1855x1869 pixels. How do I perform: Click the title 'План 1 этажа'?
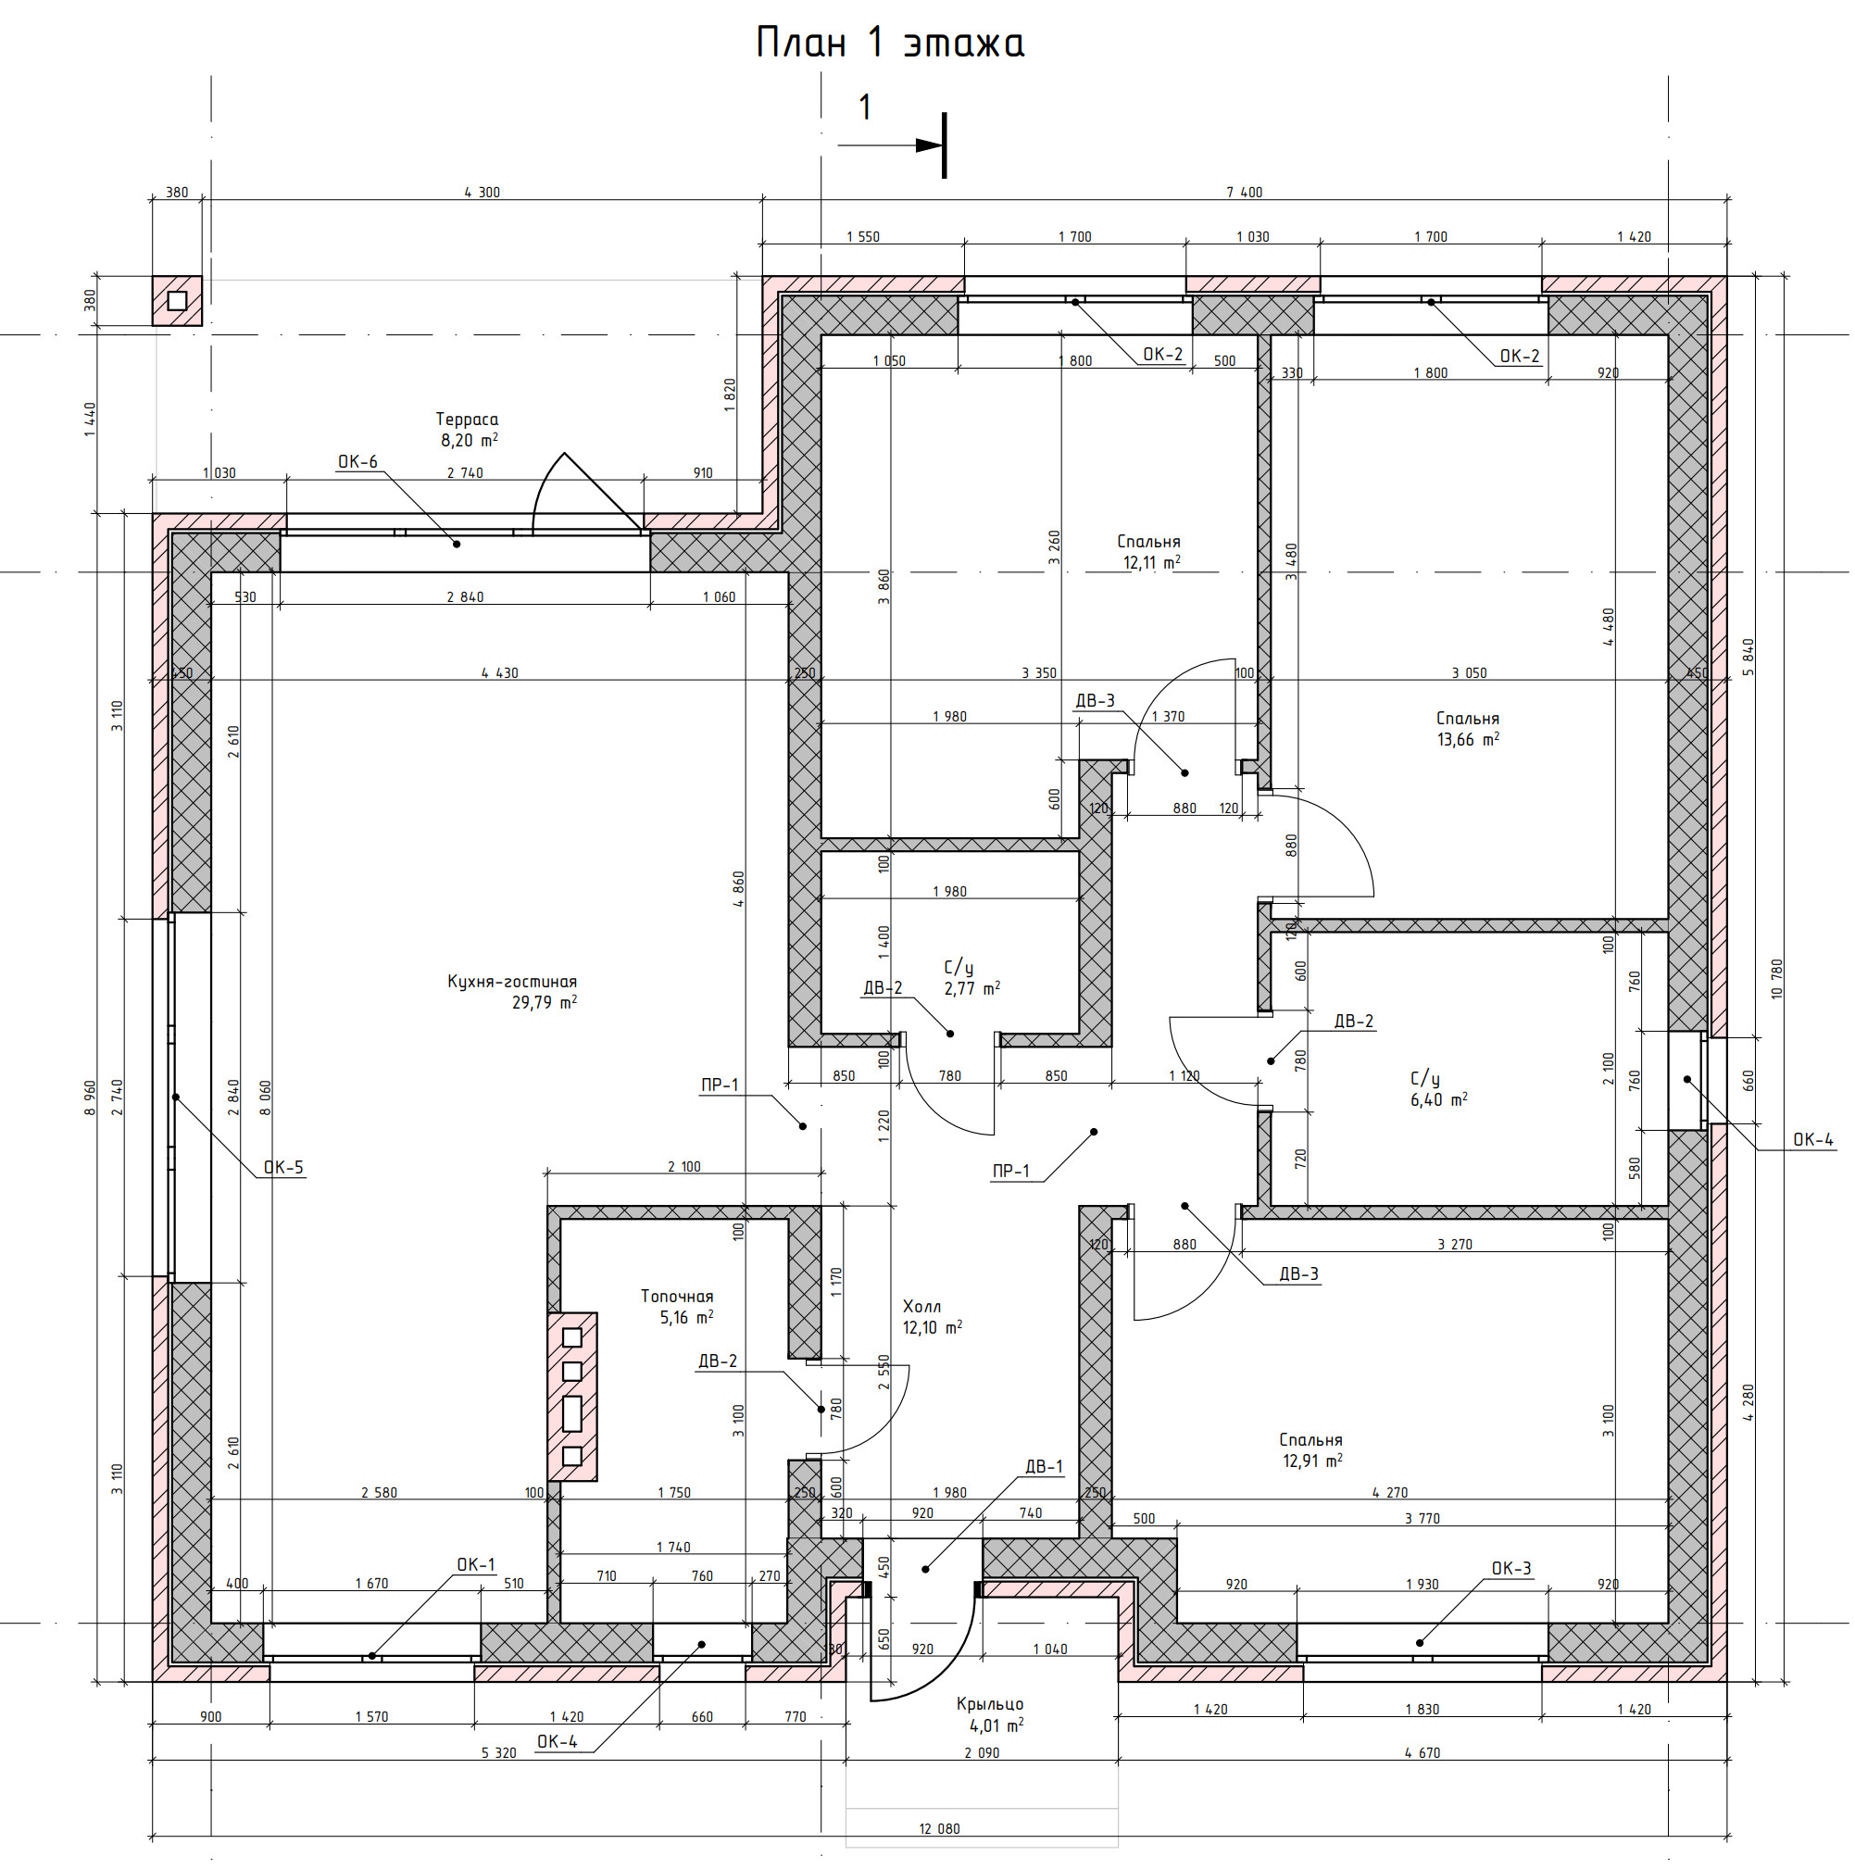click(890, 44)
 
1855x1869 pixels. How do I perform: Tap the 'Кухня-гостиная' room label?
click(511, 981)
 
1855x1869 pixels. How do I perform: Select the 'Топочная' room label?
click(677, 1297)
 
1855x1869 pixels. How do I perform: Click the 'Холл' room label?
click(921, 1306)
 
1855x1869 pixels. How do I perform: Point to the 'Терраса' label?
click(467, 419)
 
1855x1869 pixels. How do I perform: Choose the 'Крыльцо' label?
click(989, 1703)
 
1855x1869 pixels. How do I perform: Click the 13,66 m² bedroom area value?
click(1468, 740)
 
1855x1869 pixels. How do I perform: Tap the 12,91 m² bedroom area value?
click(1312, 1461)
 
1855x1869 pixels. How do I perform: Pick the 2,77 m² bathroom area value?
click(972, 988)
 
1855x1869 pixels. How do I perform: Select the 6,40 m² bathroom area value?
click(1439, 1100)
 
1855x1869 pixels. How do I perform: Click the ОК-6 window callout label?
click(357, 462)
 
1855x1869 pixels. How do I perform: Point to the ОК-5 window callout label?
click(284, 1168)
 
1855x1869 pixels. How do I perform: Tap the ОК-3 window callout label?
click(1511, 1569)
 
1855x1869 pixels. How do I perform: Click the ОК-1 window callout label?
click(476, 1565)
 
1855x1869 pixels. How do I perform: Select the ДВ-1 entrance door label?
click(1045, 1466)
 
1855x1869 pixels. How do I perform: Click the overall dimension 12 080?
click(939, 1829)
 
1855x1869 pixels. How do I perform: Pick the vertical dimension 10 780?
click(1776, 979)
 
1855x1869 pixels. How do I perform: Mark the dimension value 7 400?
click(1245, 193)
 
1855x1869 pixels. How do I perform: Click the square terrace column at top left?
click(177, 301)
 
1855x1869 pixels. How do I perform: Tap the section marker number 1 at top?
click(866, 107)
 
